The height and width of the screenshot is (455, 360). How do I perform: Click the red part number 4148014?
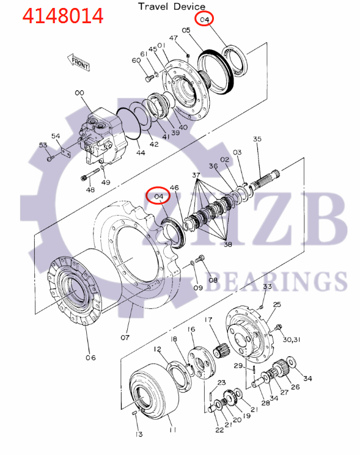point(63,15)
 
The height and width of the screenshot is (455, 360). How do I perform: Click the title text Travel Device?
point(171,6)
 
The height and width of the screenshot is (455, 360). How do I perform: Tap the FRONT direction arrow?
point(79,61)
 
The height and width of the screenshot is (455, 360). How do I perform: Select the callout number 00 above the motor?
point(79,93)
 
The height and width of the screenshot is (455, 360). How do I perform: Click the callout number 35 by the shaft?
point(257,139)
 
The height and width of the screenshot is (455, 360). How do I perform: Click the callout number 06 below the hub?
point(90,357)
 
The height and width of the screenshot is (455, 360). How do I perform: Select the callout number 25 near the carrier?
point(277,304)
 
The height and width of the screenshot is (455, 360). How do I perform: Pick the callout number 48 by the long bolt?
point(91,190)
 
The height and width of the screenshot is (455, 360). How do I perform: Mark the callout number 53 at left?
point(43,145)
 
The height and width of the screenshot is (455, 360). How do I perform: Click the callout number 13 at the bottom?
point(139,434)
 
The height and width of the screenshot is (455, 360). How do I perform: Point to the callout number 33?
point(267,286)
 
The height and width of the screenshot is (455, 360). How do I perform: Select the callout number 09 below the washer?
point(198,288)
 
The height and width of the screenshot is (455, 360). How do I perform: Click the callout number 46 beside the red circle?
point(174,187)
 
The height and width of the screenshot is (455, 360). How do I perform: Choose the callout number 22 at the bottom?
point(219,430)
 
